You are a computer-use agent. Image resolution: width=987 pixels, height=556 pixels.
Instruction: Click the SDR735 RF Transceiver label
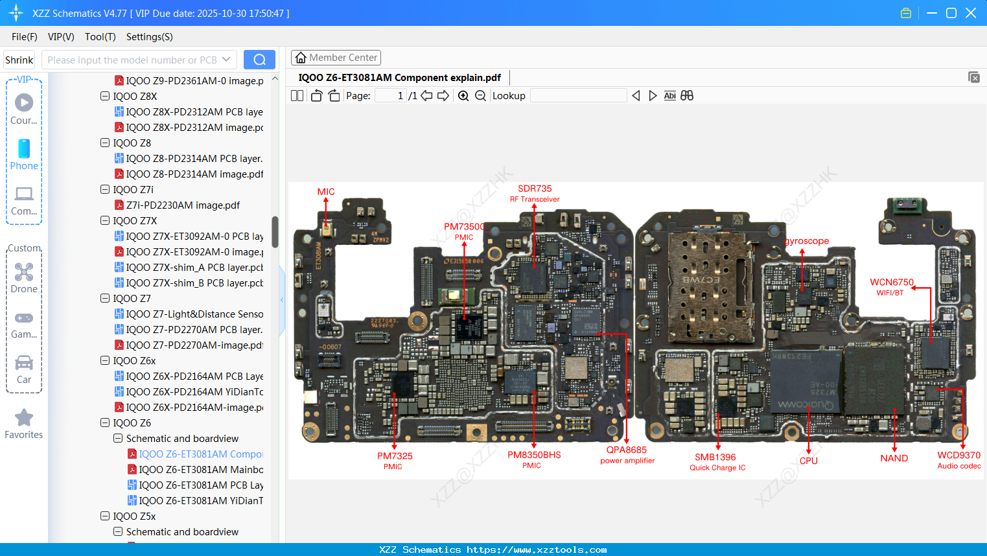[535, 193]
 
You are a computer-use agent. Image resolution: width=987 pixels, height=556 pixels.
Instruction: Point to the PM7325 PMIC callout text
[395, 460]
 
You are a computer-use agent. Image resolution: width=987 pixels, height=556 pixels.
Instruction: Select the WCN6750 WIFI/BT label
[891, 286]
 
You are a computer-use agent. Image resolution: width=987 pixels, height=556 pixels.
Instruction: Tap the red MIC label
[326, 192]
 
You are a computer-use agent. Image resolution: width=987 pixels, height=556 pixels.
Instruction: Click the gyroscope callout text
[807, 241]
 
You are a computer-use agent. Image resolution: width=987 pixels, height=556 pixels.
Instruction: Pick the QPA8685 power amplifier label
[627, 454]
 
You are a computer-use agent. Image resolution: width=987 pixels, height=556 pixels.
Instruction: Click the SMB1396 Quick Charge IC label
[717, 461]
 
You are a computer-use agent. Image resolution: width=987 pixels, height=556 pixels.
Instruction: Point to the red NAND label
[894, 458]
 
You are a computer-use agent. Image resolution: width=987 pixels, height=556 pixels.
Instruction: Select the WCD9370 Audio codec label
[958, 459]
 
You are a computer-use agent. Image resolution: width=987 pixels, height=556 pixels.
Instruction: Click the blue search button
[259, 60]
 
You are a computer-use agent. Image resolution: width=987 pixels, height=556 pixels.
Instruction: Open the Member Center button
[336, 58]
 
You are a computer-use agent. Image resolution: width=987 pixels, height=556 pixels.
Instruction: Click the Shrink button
[19, 60]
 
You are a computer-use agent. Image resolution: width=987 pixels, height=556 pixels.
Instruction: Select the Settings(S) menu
[149, 37]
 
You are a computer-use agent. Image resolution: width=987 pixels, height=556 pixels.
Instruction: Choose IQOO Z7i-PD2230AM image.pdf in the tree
[183, 205]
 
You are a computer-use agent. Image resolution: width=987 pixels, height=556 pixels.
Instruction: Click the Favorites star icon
[24, 418]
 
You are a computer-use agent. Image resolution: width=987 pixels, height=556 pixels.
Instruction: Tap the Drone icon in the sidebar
[24, 272]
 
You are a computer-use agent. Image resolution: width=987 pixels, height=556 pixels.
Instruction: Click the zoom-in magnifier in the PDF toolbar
[463, 96]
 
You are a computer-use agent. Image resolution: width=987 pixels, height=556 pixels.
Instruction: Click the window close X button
[971, 13]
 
